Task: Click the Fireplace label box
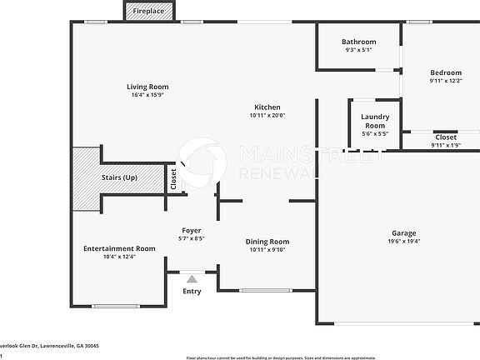[x=149, y=12]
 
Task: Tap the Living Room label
[x=147, y=87]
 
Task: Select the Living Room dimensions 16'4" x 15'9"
[x=147, y=96]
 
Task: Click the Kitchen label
[x=267, y=107]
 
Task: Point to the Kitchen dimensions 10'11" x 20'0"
[x=267, y=116]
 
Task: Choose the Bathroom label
[x=358, y=42]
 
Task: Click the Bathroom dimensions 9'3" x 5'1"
[x=358, y=50]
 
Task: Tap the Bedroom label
[x=446, y=72]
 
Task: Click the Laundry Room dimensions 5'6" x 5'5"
[x=374, y=133]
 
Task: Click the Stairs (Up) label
[x=119, y=177]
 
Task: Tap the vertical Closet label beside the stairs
[x=173, y=179]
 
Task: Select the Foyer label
[x=192, y=230]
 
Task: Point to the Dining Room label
[x=267, y=242]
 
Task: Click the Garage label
[x=404, y=232]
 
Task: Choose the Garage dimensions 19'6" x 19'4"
[x=404, y=242]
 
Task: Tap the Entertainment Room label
[x=119, y=248]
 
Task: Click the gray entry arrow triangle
[x=192, y=279]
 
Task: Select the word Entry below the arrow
[x=192, y=292]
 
